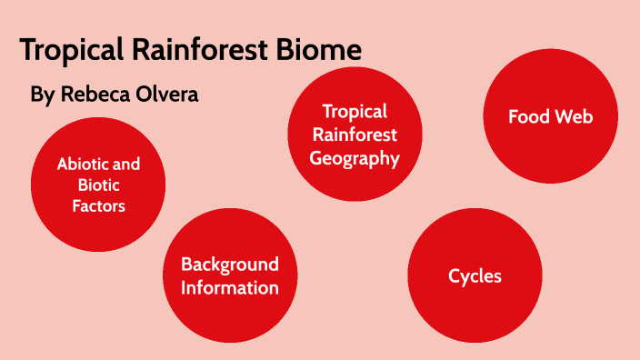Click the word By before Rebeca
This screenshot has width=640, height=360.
pos(42,94)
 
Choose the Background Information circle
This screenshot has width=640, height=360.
pos(230,275)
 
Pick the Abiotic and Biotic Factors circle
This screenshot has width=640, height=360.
pos(98,185)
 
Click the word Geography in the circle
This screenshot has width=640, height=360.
pos(355,158)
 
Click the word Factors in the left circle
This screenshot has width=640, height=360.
pos(98,206)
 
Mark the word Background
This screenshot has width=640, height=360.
pos(230,265)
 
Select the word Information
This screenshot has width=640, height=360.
pos(230,287)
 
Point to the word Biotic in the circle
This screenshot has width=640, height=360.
pos(98,185)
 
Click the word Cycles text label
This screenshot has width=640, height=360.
pos(475,275)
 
